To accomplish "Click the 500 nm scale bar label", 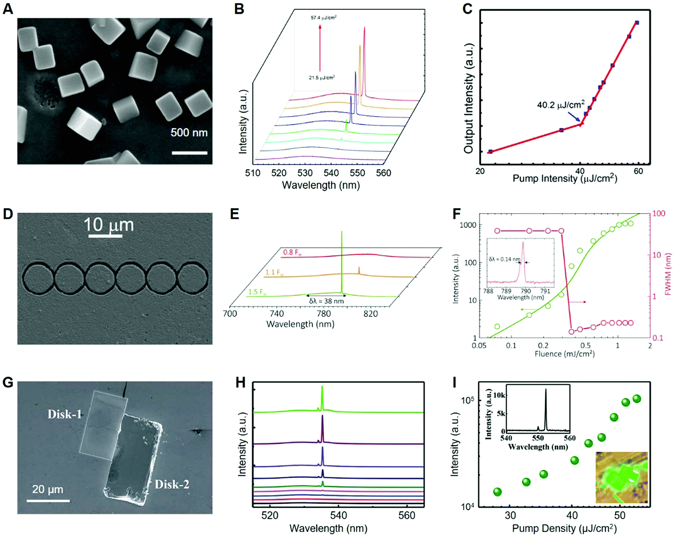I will point(189,133).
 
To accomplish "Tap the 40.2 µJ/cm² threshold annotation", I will point(561,105).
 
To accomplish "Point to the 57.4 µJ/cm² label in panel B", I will point(323,18).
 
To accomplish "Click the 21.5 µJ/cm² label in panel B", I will point(322,78).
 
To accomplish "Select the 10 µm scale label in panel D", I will point(109,225).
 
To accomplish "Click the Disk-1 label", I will point(64,414).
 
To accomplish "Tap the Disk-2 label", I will point(172,484).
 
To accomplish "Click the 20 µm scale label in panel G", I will point(48,489).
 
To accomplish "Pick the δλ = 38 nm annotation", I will point(326,301).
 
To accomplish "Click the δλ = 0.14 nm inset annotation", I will point(504,260).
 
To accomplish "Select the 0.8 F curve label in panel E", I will point(292,252).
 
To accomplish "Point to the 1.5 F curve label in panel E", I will point(257,292).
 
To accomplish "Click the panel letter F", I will point(457,214).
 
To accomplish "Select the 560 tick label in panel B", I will point(383,173).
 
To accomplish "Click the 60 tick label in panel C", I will point(638,171).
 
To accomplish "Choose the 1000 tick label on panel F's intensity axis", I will point(468,225).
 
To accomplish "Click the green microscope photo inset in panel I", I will point(621,477).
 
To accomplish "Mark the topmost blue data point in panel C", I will point(637,23).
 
